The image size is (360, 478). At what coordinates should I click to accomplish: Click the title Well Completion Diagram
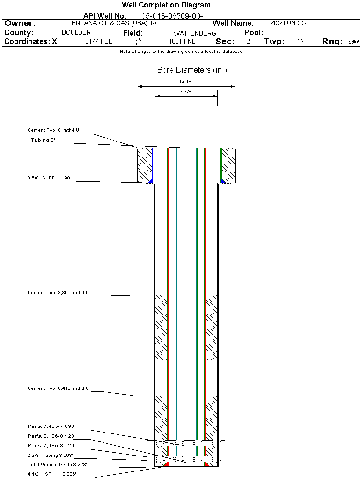tap(166, 5)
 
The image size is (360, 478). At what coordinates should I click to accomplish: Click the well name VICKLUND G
tap(287, 23)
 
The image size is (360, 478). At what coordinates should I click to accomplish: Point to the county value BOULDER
tap(76, 33)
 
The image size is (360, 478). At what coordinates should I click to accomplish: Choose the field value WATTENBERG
tap(195, 33)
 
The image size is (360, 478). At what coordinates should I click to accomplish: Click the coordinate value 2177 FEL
tap(98, 41)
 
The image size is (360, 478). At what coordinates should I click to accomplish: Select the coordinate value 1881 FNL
tap(182, 41)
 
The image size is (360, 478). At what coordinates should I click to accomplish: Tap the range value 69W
tap(353, 41)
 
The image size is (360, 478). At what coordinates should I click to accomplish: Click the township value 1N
tap(301, 41)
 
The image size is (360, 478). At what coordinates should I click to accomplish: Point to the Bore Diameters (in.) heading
tap(192, 70)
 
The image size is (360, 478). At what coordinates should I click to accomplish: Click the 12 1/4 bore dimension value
tap(186, 82)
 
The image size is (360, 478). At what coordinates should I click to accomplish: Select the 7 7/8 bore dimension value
tap(186, 91)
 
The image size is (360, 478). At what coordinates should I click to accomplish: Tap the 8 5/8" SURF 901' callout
tap(51, 178)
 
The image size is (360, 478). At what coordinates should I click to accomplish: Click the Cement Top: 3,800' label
tap(58, 293)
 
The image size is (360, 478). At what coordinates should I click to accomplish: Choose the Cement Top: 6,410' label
tap(58, 388)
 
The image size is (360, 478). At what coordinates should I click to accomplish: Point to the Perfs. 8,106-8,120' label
tap(51, 436)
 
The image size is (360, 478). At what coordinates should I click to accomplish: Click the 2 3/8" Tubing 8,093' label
tap(50, 455)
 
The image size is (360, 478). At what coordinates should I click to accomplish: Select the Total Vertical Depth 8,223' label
tap(57, 465)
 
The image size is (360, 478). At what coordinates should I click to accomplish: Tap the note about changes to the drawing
tap(181, 52)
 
